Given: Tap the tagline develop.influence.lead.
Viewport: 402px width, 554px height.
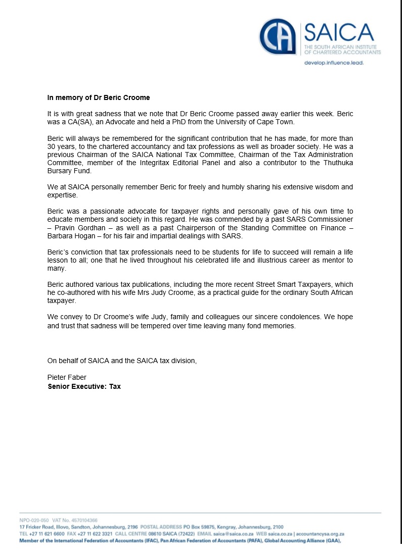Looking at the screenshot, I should [334, 63].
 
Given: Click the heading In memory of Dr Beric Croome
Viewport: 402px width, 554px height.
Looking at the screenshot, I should [99, 97].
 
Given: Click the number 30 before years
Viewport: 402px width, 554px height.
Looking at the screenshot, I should [52, 146].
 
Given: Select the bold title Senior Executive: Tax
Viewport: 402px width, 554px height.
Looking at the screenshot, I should [84, 386].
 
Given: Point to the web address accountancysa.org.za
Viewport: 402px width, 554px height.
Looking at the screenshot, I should [320, 534].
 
